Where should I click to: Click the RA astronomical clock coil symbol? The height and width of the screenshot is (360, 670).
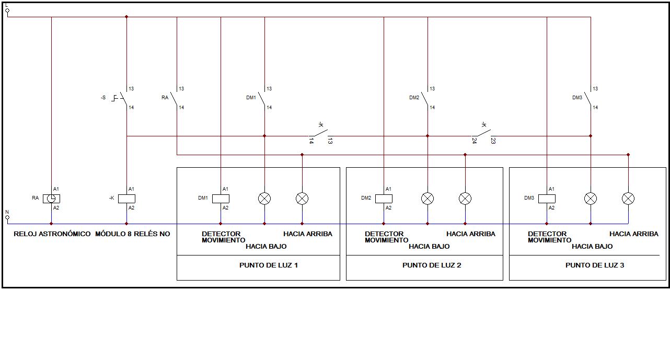[51, 199]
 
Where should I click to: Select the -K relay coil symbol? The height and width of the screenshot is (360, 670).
[126, 199]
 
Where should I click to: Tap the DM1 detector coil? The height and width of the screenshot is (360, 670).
[221, 199]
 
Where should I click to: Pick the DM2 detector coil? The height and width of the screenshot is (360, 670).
[384, 199]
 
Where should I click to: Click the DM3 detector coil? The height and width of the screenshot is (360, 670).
[547, 199]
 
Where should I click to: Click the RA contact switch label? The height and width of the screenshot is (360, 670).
[165, 98]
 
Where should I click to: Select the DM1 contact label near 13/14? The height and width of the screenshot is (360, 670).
[251, 98]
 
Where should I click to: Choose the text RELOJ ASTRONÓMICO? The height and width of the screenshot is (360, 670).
[52, 234]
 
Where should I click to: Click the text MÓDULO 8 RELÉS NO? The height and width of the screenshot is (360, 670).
[132, 234]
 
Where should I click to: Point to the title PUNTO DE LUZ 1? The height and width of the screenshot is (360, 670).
[269, 265]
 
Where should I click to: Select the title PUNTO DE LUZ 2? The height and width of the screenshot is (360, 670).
[432, 265]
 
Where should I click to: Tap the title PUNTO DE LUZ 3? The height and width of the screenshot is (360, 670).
[595, 265]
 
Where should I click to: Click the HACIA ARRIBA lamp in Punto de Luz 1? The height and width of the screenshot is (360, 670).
[302, 199]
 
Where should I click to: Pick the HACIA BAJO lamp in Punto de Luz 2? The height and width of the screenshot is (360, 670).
[428, 199]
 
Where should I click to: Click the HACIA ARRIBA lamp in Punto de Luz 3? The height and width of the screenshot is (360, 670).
[628, 199]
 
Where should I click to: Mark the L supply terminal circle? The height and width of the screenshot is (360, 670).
[7, 10]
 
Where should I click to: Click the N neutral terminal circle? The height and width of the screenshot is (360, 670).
[7, 217]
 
